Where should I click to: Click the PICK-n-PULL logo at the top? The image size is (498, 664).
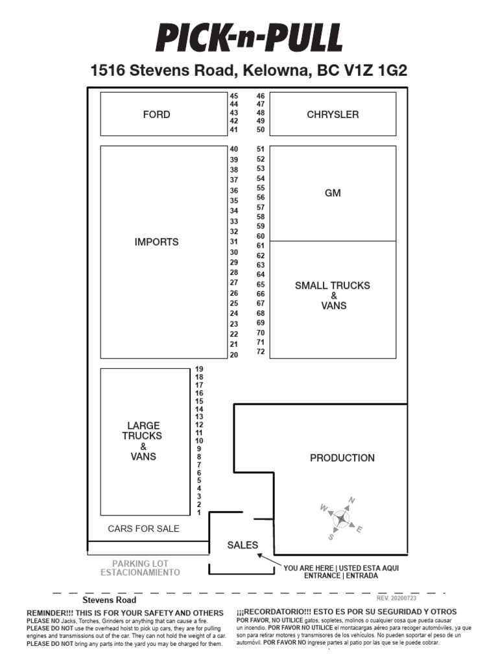tap(249, 38)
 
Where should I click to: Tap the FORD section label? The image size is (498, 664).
tap(156, 115)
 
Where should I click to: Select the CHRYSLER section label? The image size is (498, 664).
tap(333, 115)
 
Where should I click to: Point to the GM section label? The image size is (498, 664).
tap(333, 193)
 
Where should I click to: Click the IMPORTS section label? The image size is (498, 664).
tap(156, 242)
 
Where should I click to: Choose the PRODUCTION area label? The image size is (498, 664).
tap(342, 458)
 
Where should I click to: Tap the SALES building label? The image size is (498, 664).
tap(243, 545)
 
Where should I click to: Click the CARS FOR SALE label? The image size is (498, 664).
tap(143, 528)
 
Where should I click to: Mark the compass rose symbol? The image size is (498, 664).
tap(341, 518)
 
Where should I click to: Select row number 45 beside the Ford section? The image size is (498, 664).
tap(234, 96)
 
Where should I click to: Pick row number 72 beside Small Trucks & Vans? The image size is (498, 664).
tap(261, 351)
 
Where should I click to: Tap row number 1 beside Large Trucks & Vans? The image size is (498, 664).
tap(199, 512)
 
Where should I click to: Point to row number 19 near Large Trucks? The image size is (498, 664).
tap(199, 369)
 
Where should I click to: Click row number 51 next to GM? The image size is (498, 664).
tap(261, 148)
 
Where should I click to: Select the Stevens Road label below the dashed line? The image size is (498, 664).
tap(110, 600)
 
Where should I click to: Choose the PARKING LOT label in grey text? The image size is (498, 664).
tap(140, 563)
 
